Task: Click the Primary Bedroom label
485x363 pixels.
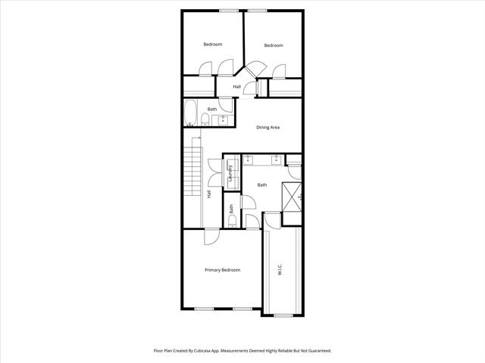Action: pos(222,270)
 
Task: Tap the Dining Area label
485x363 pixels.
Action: pos(268,127)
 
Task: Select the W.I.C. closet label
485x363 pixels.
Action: pos(280,271)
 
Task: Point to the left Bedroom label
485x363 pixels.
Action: pos(213,45)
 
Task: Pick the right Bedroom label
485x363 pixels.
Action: pos(274,45)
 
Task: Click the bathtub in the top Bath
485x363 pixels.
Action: pos(190,113)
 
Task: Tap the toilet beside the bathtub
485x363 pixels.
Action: pos(205,119)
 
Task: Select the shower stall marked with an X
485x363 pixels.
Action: pos(292,197)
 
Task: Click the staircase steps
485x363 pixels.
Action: pos(193,171)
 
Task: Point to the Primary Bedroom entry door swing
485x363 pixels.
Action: pos(212,237)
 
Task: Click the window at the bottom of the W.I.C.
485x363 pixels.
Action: pos(283,315)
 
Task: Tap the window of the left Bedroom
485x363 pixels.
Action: pos(229,11)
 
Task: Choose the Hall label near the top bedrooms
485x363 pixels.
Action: pos(237,87)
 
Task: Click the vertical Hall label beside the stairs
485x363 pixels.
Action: pos(209,194)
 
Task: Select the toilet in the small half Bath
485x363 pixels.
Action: pos(232,221)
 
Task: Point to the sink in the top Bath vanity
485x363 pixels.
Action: pos(223,121)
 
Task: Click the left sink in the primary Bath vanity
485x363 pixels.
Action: pos(248,160)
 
